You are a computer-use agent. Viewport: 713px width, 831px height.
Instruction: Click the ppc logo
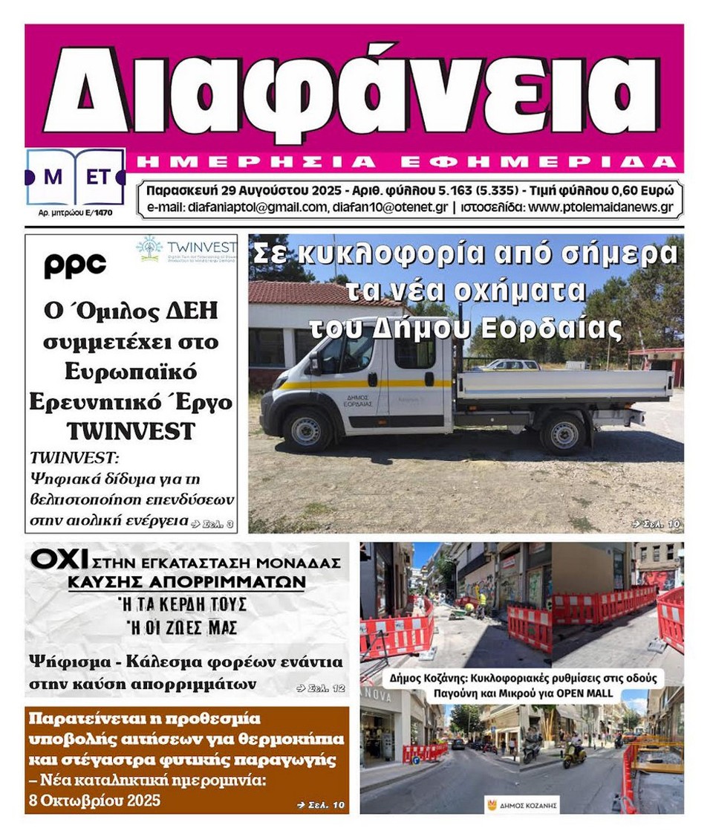pyautogui.click(x=74, y=265)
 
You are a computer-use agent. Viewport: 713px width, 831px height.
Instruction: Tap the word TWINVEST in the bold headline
pyautogui.click(x=130, y=431)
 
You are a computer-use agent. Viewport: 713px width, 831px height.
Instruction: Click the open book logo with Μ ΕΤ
pyautogui.click(x=74, y=177)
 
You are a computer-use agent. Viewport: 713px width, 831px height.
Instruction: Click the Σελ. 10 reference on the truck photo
pyautogui.click(x=656, y=523)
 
